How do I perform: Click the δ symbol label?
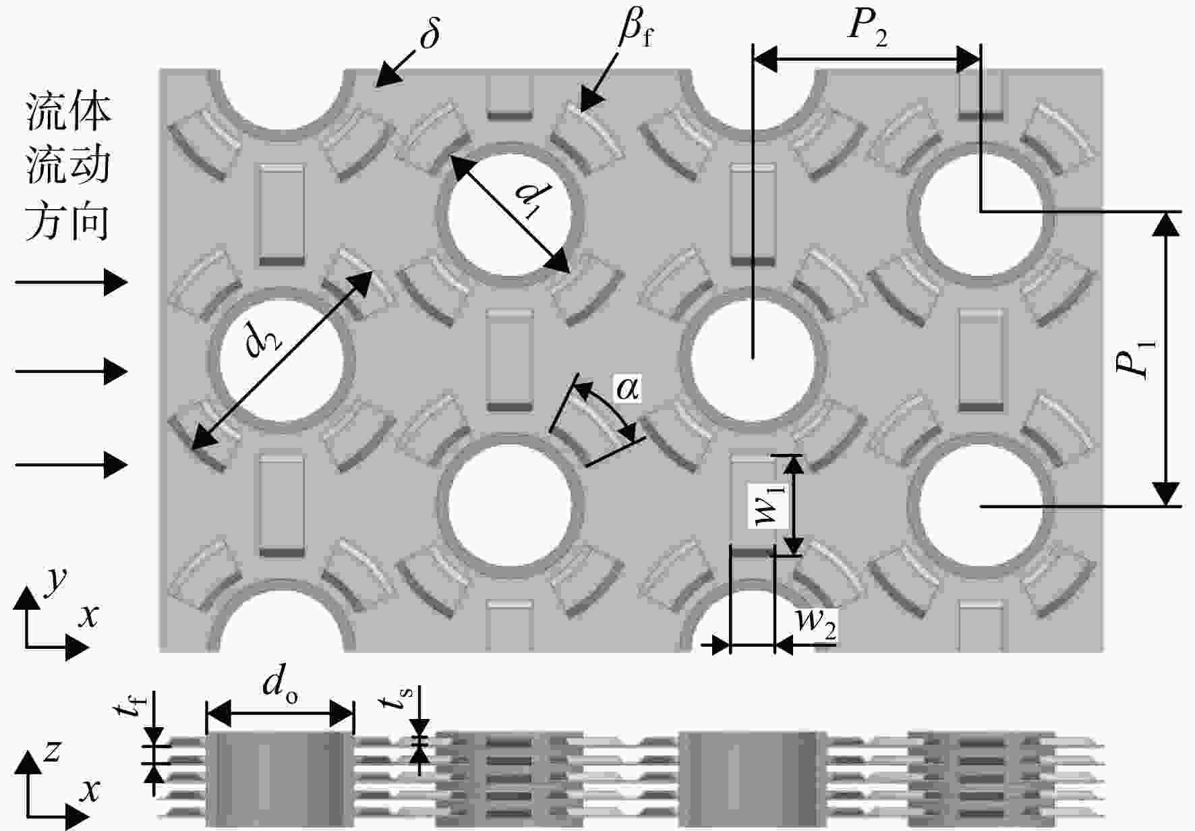[x=430, y=31]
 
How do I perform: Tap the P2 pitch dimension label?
[x=867, y=28]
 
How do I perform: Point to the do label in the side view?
[x=280, y=684]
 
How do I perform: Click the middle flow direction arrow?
[x=71, y=371]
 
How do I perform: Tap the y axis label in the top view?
[x=56, y=581]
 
